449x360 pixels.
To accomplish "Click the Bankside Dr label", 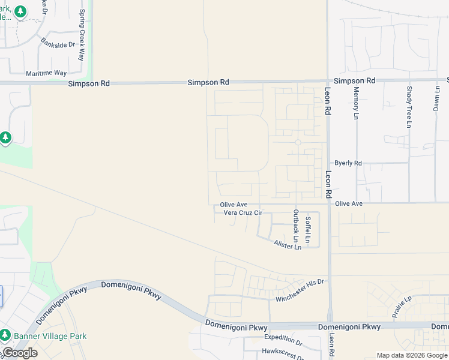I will [x=58, y=44].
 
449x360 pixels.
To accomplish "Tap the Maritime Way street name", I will [x=46, y=73].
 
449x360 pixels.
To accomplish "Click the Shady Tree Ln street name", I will [x=409, y=107].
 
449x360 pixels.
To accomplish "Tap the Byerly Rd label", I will [x=348, y=163].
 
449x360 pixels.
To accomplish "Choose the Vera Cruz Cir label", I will [x=243, y=212].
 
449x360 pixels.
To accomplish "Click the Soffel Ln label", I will [x=308, y=230].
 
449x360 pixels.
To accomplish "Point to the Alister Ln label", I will [x=287, y=245].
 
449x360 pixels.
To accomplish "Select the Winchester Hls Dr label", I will [x=300, y=290].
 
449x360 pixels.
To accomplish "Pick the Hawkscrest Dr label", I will [x=283, y=353].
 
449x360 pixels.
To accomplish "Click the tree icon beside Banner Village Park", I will [x=5, y=335].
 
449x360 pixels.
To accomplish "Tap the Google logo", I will [x=19, y=353].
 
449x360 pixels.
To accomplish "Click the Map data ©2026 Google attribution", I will [x=412, y=355].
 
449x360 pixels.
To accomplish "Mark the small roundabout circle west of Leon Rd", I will [x=298, y=142].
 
